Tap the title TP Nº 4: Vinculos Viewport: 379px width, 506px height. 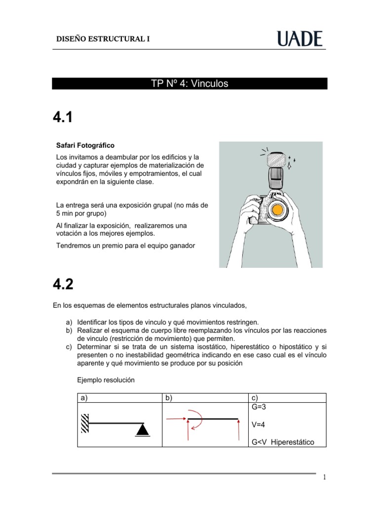(189, 84)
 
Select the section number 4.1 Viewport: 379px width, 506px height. (63, 118)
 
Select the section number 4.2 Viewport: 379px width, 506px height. (63, 285)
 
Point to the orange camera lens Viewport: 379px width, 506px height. (278, 210)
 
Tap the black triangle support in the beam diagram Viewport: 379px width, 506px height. (142, 430)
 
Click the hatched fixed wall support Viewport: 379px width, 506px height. (85, 423)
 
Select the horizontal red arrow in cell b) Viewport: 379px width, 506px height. (175, 419)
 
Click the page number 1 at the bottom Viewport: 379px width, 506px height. (324, 477)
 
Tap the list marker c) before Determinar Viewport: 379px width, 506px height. (69, 347)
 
